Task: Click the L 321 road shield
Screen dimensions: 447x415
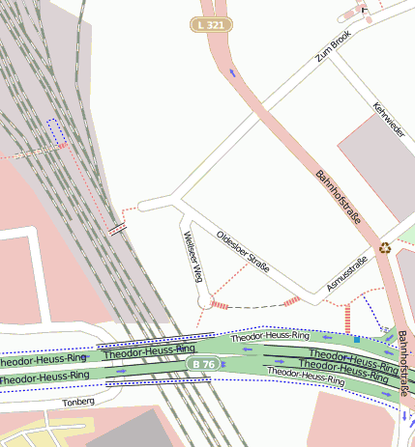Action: click(211, 23)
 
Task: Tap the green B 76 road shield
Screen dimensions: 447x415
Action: click(205, 364)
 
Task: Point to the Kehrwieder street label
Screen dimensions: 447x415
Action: click(389, 118)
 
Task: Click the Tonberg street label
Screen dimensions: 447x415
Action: click(78, 402)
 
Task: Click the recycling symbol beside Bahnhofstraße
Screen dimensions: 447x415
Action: click(385, 247)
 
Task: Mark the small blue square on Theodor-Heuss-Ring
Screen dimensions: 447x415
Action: click(356, 340)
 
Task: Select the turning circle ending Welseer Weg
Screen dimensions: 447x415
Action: click(204, 303)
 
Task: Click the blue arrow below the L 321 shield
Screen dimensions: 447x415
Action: click(231, 71)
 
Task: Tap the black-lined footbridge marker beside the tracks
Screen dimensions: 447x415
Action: click(117, 229)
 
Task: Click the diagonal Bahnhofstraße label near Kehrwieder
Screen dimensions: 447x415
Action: click(339, 197)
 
